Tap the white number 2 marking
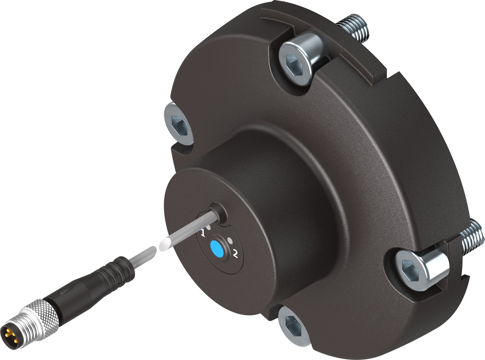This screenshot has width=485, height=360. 236,253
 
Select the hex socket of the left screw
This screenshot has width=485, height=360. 177,124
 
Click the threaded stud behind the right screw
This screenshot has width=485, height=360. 471,236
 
